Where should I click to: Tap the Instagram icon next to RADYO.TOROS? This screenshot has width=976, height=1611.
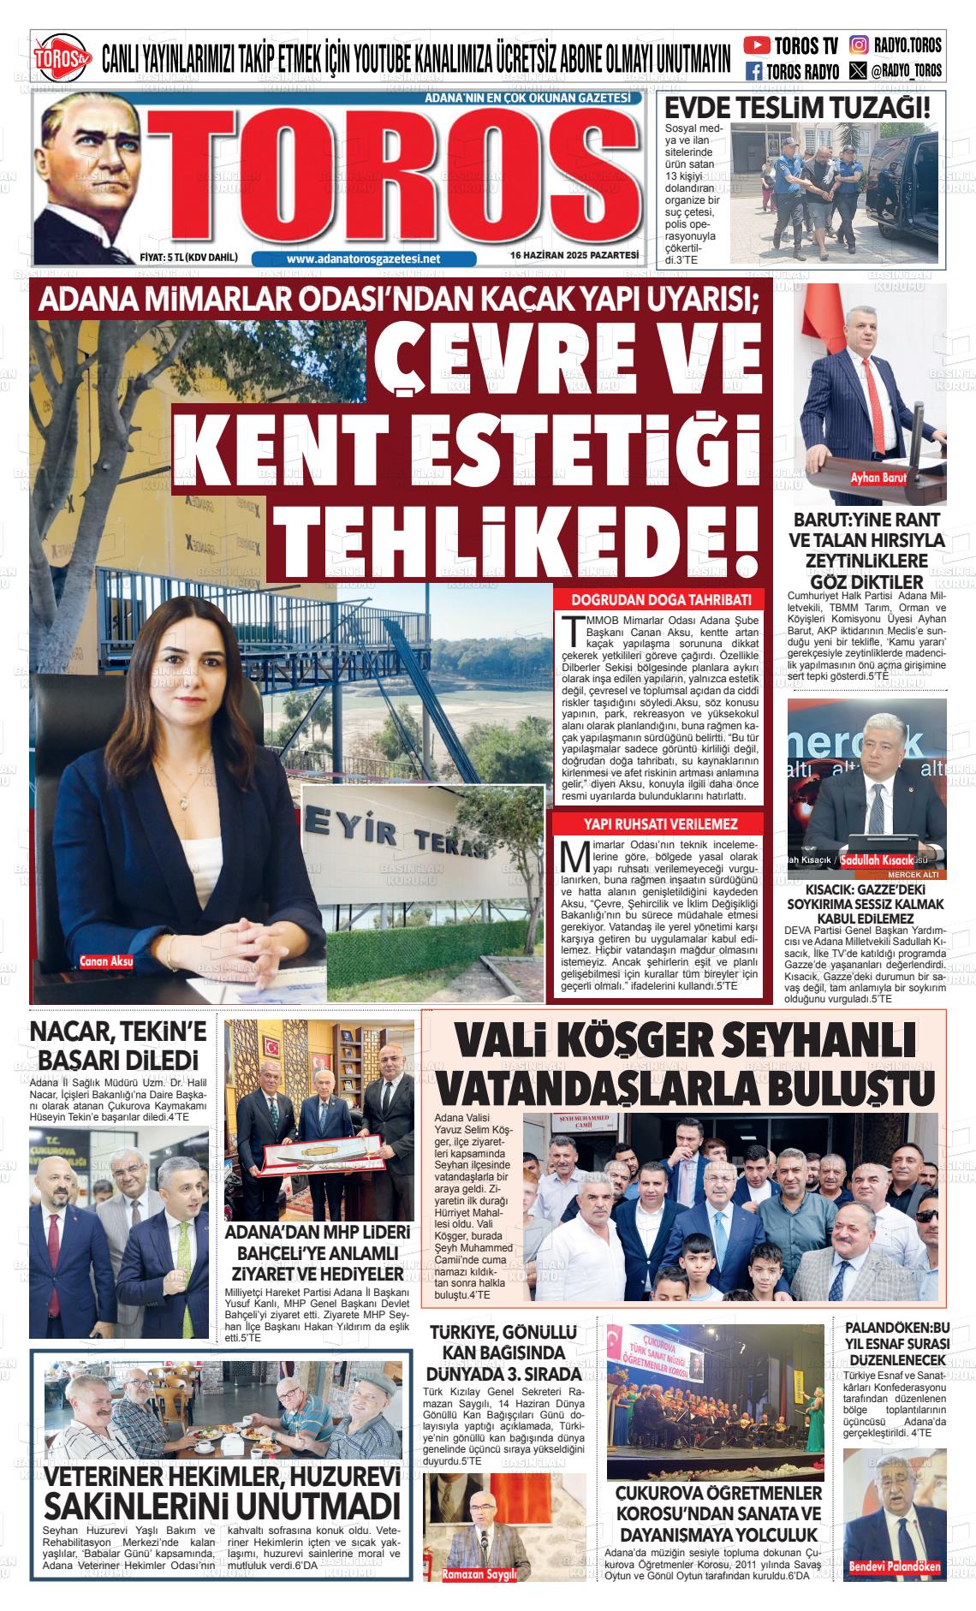point(858,45)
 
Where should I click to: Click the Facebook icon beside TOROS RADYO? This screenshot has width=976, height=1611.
point(754,71)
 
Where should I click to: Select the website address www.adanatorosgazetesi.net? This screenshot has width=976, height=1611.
point(363,259)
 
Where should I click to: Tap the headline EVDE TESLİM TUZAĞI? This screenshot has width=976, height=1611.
point(797,109)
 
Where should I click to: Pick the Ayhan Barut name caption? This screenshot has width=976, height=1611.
point(878,479)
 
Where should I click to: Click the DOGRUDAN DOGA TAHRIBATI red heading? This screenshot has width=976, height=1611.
point(649,599)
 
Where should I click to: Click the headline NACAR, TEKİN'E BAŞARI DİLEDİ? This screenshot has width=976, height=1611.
point(114,1044)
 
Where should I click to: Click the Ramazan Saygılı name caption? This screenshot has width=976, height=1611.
point(479,1574)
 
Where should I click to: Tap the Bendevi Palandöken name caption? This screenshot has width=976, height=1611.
point(895,1567)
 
